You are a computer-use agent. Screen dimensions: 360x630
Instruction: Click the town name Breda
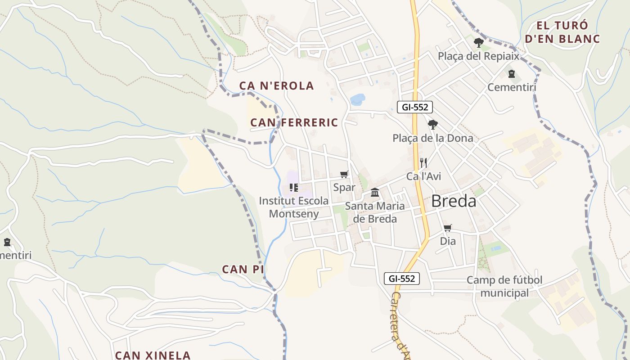click(454, 201)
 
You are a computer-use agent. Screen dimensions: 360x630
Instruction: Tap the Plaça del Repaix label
click(479, 56)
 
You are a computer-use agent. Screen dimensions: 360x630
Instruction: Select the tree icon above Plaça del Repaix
click(479, 43)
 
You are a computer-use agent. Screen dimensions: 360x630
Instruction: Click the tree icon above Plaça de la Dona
click(432, 124)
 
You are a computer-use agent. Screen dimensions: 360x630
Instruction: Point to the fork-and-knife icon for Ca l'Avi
click(423, 162)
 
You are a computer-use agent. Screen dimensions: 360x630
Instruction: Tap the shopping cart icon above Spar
click(344, 174)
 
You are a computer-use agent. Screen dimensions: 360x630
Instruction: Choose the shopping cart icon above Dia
click(447, 228)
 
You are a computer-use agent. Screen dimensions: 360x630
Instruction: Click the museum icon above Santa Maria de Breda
click(374, 193)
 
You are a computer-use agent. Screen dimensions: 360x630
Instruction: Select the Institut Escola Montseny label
click(294, 207)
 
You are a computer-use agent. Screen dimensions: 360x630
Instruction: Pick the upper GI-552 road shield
click(415, 107)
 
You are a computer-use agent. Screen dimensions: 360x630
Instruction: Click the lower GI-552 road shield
click(402, 279)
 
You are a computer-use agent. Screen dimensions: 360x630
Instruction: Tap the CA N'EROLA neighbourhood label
click(276, 85)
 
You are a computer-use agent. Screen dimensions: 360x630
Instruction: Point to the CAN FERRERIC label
click(294, 122)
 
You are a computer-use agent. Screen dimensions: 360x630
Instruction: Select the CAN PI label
click(243, 270)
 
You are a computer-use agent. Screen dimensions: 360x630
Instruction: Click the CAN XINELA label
click(153, 355)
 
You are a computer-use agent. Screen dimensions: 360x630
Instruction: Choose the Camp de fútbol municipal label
click(504, 287)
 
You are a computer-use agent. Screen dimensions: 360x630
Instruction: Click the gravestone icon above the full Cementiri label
click(511, 73)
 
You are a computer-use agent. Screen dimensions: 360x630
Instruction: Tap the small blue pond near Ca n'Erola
click(358, 99)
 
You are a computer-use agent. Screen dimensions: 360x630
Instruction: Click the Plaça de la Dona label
click(433, 138)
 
